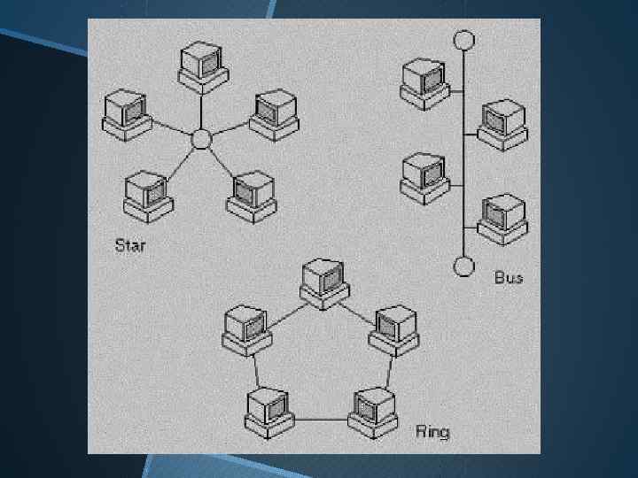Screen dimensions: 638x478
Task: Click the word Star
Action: (x=129, y=243)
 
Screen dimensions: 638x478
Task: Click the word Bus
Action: (x=509, y=277)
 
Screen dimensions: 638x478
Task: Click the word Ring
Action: (x=432, y=432)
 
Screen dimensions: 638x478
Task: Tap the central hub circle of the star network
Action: (x=201, y=139)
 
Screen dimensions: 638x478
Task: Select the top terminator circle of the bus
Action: (x=463, y=40)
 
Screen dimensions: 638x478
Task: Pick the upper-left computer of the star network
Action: (x=126, y=113)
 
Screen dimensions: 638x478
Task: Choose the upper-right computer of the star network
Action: (x=270, y=113)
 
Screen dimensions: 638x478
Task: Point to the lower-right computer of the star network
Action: (x=253, y=195)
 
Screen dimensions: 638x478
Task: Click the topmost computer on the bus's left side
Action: (x=424, y=81)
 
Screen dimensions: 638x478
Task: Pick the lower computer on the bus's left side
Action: (x=424, y=175)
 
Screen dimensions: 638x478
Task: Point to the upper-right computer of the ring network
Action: (x=394, y=328)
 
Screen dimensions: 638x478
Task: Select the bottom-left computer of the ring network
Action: (x=268, y=412)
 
